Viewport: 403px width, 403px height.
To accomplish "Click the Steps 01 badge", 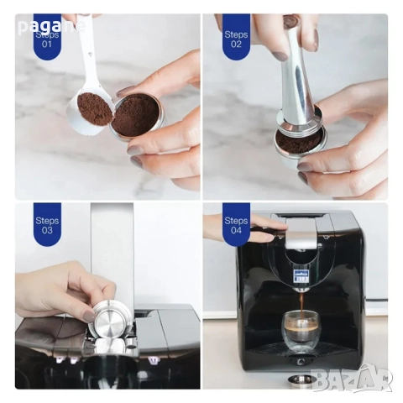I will [45, 39].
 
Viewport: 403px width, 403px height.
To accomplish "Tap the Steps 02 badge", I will [236, 39].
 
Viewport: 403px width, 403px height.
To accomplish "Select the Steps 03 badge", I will [45, 226].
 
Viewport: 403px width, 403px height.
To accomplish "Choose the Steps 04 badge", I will [236, 226].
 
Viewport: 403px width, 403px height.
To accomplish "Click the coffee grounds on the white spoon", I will [95, 109].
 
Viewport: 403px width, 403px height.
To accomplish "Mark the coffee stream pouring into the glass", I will [296, 301].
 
